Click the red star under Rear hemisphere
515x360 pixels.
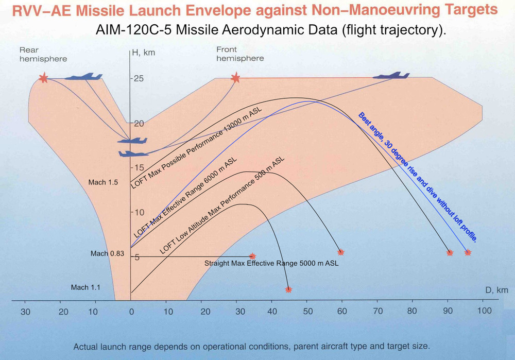click(43, 78)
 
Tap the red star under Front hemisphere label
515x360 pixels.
click(235, 78)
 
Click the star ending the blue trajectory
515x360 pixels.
click(468, 252)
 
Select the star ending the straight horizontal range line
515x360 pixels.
click(252, 256)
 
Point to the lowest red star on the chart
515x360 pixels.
click(288, 289)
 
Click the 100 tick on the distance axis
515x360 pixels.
click(484, 311)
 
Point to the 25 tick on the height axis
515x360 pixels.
click(136, 78)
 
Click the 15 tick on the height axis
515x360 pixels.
click(136, 167)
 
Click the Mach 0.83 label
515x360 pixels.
click(106, 253)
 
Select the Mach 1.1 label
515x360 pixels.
click(86, 287)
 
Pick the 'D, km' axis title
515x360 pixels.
click(496, 290)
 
